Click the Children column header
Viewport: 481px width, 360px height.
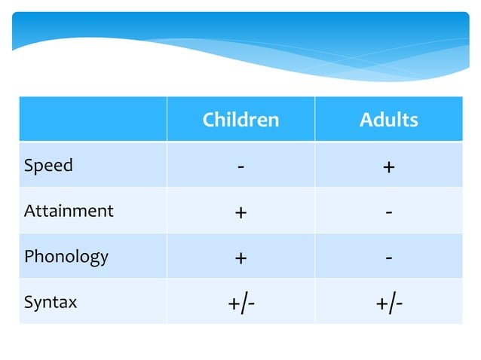pyautogui.click(x=240, y=119)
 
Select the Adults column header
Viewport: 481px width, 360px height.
pyautogui.click(x=388, y=119)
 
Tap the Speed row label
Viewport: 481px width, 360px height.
pyautogui.click(x=48, y=166)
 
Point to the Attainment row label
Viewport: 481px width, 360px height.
pyautogui.click(x=69, y=211)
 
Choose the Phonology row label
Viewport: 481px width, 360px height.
pyautogui.click(x=66, y=257)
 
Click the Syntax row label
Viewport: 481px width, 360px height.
pyautogui.click(x=51, y=303)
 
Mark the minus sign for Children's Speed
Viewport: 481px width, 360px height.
pyautogui.click(x=240, y=166)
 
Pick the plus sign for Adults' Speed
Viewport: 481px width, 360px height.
pyautogui.click(x=388, y=167)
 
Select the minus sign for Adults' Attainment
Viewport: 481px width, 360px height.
pyautogui.click(x=388, y=212)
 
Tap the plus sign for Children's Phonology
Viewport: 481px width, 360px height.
pyautogui.click(x=240, y=258)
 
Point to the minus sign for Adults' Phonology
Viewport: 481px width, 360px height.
pyautogui.click(x=388, y=258)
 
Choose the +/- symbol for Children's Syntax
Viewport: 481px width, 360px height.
pyautogui.click(x=241, y=304)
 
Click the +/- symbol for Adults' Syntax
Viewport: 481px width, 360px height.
pyautogui.click(x=389, y=304)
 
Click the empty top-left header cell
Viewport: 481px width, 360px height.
pyautogui.click(x=93, y=119)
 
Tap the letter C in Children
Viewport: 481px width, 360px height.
pyautogui.click(x=208, y=119)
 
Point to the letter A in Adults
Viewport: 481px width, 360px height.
pyautogui.click(x=365, y=119)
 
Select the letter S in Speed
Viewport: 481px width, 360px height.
pyautogui.click(x=29, y=165)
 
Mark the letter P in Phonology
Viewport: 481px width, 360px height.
pyautogui.click(x=29, y=256)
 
